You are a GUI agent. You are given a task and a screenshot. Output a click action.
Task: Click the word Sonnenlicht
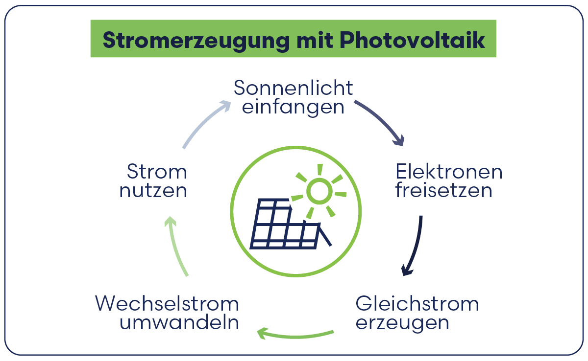coord(293,88)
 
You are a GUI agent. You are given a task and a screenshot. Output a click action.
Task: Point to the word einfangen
coord(293,107)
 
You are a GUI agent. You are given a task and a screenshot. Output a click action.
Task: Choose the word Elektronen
coord(449,172)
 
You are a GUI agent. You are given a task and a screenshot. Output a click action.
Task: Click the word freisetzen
coord(443,190)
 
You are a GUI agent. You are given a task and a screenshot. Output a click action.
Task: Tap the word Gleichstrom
coord(417,304)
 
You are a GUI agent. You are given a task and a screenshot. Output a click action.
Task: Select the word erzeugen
coord(402,323)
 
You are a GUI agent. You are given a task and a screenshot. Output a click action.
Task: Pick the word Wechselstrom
coord(167,304)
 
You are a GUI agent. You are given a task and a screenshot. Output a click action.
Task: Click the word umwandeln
coord(179,323)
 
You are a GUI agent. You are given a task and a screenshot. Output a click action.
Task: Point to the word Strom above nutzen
coord(157,172)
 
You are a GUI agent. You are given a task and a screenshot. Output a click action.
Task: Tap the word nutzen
coord(153,190)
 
